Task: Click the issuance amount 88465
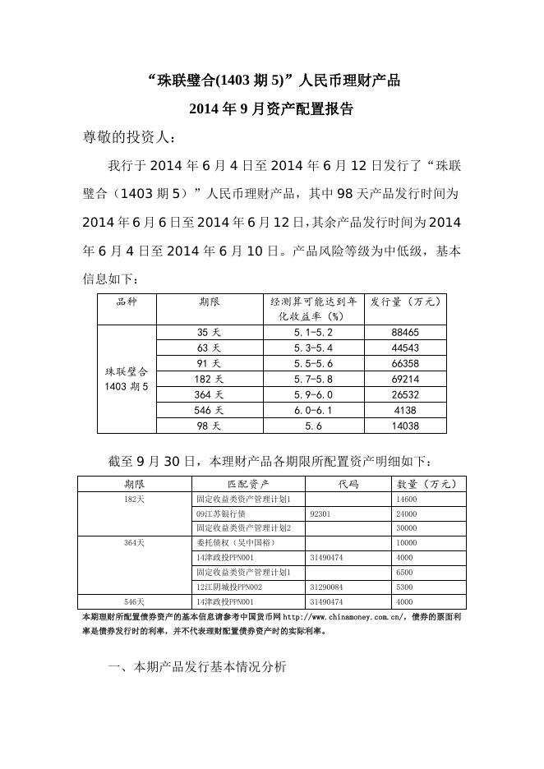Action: click(x=405, y=333)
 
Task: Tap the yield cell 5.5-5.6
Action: click(x=313, y=363)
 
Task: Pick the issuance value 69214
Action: click(x=405, y=379)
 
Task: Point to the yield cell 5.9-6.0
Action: click(x=313, y=394)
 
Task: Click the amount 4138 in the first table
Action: click(x=405, y=410)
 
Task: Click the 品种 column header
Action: click(x=127, y=302)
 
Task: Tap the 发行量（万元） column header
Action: click(x=405, y=302)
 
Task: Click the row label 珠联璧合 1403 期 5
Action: click(x=127, y=379)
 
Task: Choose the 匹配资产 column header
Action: click(x=247, y=484)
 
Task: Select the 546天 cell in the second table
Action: click(x=134, y=602)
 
